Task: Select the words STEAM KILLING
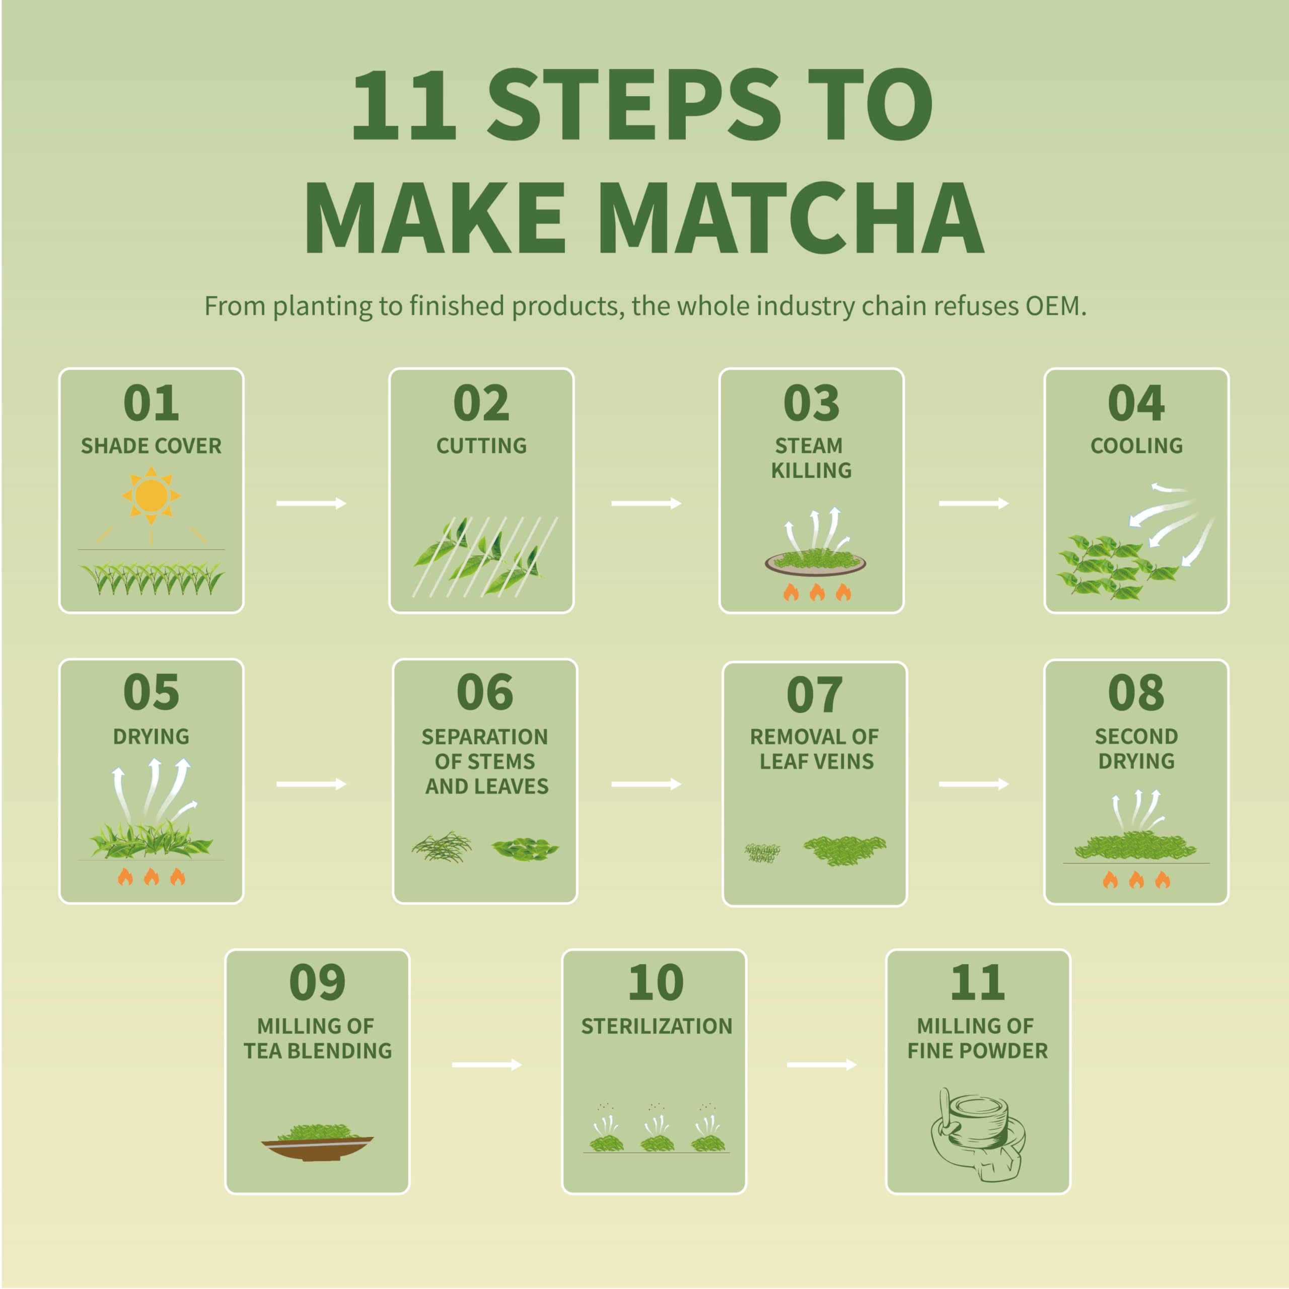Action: tap(811, 458)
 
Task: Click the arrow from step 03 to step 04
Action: tap(973, 504)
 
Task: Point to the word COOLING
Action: tap(1136, 446)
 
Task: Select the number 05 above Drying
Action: tap(152, 692)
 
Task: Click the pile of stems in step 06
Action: tap(442, 847)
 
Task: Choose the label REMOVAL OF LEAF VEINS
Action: tap(814, 749)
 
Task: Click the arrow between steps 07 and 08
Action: tap(973, 784)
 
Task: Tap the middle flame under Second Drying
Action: tap(1136, 880)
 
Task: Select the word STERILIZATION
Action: tap(657, 1026)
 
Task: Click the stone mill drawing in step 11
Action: tap(977, 1134)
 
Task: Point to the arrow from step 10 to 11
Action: tap(821, 1065)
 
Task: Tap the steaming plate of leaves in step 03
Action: tap(815, 562)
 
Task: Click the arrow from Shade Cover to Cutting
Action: tap(311, 504)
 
